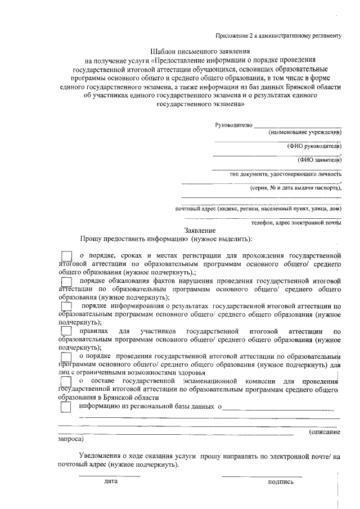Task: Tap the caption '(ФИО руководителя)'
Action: (x=314, y=146)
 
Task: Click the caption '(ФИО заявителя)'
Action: (x=319, y=160)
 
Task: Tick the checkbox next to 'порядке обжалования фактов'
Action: (x=66, y=281)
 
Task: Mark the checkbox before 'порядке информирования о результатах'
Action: (x=66, y=305)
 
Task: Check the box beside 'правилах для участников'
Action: (x=66, y=332)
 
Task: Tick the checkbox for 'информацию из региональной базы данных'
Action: (x=66, y=407)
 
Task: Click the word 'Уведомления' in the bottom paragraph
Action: (x=99, y=457)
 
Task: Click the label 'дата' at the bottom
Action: (x=110, y=482)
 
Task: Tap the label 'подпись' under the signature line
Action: (x=281, y=482)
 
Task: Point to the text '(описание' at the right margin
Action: (x=325, y=431)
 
